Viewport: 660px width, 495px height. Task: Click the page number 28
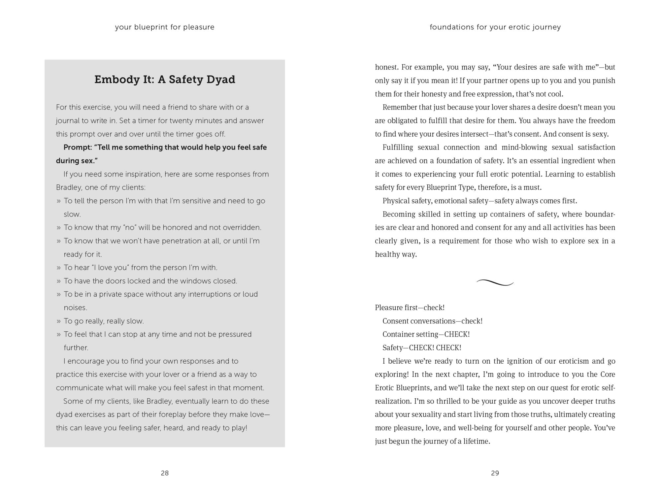pyautogui.click(x=165, y=473)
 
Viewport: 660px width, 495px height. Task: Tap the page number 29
pyautogui.click(x=495, y=473)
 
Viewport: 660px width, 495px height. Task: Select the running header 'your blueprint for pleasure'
pyautogui.click(x=165, y=27)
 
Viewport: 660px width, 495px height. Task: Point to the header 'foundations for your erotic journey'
pyautogui.click(x=495, y=27)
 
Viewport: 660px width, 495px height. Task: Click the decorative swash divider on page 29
pyautogui.click(x=495, y=282)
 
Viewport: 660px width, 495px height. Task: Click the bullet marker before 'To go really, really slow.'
pyautogui.click(x=58, y=321)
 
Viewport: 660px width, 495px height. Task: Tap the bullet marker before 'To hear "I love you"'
pyautogui.click(x=58, y=268)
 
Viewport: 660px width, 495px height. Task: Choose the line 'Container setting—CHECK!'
pyautogui.click(x=426, y=334)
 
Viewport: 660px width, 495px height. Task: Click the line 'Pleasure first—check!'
pyautogui.click(x=410, y=308)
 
